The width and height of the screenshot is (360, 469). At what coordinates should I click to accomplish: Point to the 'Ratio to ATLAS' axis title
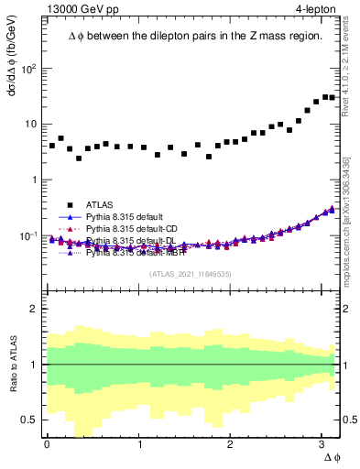pyautogui.click(x=12, y=365)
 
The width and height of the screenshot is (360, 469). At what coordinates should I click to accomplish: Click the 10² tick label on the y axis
pyautogui.click(x=28, y=69)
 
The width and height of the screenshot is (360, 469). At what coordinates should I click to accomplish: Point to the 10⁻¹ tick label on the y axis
pyautogui.click(x=28, y=235)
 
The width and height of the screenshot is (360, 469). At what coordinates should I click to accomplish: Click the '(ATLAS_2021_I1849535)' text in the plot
pyautogui.click(x=191, y=274)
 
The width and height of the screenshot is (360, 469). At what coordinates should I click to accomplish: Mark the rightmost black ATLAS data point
pyautogui.click(x=333, y=97)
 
